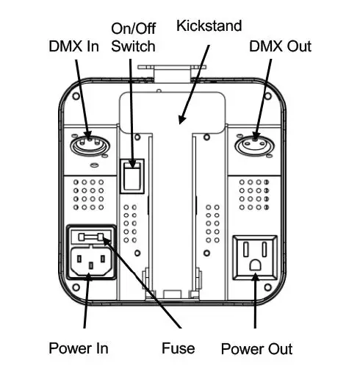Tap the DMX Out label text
[x=279, y=46]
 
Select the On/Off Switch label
[x=133, y=37]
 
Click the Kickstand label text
[x=209, y=26]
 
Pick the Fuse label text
[x=179, y=346]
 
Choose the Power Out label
[x=256, y=348]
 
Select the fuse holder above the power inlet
[x=90, y=237]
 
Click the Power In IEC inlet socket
[x=90, y=261]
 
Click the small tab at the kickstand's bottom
[x=173, y=294]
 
